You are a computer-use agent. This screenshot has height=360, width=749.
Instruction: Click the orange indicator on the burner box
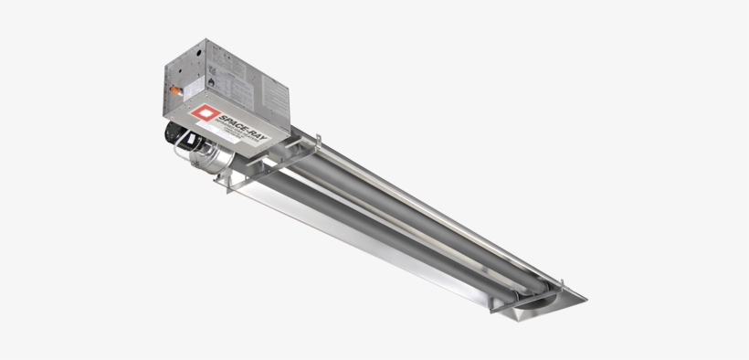[x=170, y=91]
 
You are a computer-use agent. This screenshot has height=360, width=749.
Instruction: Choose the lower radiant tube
[x=384, y=228]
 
